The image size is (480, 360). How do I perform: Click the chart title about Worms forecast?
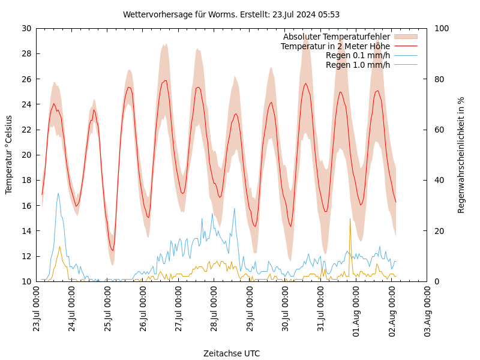pyautogui.click(x=231, y=14)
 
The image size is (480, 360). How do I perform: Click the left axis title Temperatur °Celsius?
pyautogui.click(x=9, y=154)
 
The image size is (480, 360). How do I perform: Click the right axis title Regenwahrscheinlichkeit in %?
pyautogui.click(x=461, y=155)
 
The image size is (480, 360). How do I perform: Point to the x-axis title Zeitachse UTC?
pyautogui.click(x=231, y=353)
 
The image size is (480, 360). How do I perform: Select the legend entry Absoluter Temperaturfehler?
pyautogui.click(x=336, y=37)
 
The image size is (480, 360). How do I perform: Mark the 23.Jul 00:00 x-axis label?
pyautogui.click(x=36, y=309)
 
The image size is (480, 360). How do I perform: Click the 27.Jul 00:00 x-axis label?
pyautogui.click(x=179, y=309)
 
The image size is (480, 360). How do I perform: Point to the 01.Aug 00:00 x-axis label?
pyautogui.click(x=356, y=309)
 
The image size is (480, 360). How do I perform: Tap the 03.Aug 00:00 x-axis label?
pyautogui.click(x=428, y=309)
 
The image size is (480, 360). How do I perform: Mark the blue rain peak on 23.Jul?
pyautogui.click(x=58, y=193)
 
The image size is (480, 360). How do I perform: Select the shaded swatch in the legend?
pyautogui.click(x=405, y=37)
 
